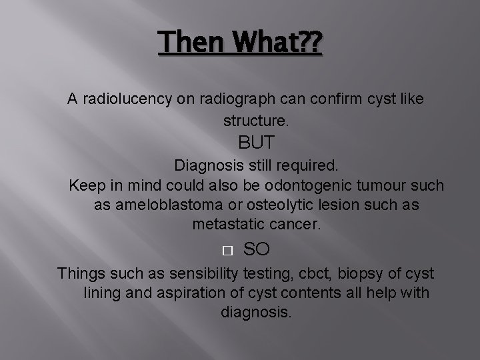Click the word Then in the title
pos(191,45)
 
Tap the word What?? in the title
pos(274,45)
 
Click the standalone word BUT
pos(257,143)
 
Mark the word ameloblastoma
pos(171,205)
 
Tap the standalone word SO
pos(257,249)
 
